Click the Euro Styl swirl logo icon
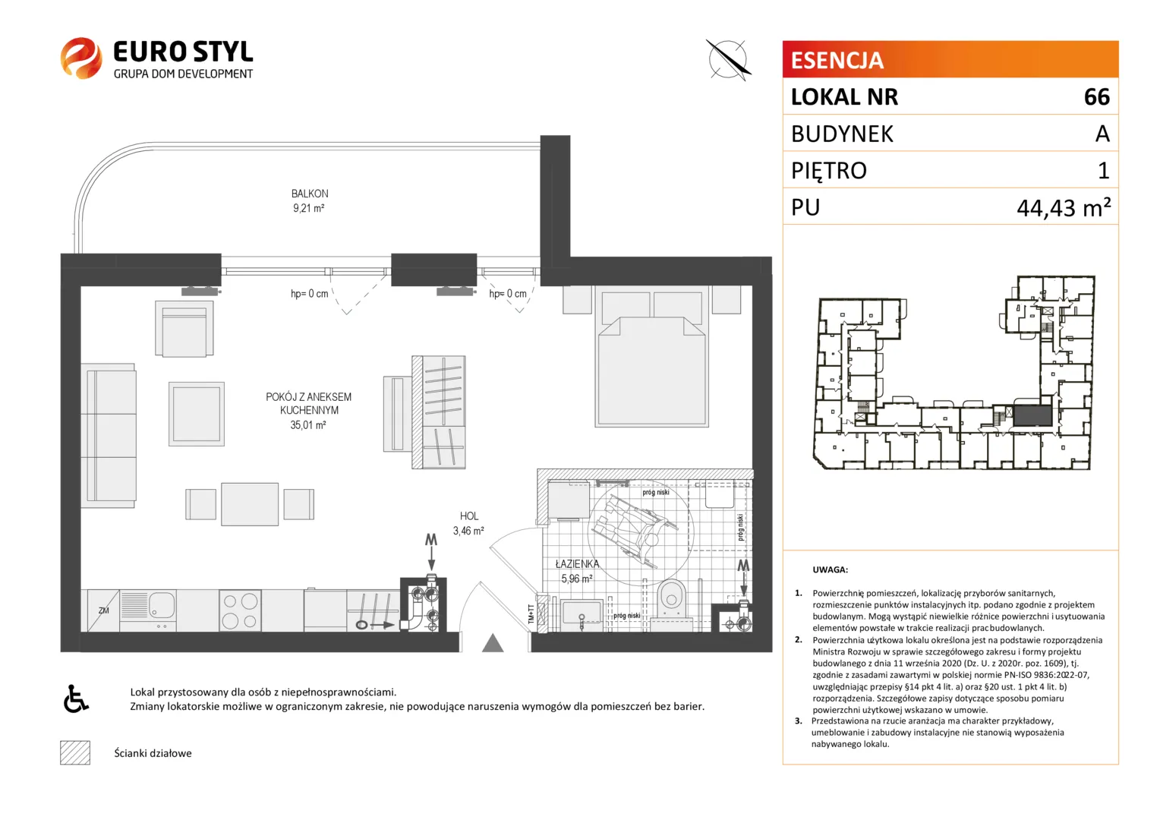point(80,58)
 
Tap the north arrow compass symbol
point(728,60)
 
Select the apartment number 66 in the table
point(1097,97)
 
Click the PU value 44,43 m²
point(1064,208)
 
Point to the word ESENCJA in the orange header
point(837,60)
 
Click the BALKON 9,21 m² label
point(309,201)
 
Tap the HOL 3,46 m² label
point(468,523)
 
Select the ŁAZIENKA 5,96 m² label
point(577,571)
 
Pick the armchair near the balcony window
point(184,329)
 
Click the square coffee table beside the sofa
point(197,414)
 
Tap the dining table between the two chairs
point(250,504)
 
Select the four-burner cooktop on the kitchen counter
point(240,610)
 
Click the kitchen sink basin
point(162,604)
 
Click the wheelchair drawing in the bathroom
point(635,530)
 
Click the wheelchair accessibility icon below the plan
point(76,699)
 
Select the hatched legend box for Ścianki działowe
point(75,752)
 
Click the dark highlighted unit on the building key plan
point(1032,415)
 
